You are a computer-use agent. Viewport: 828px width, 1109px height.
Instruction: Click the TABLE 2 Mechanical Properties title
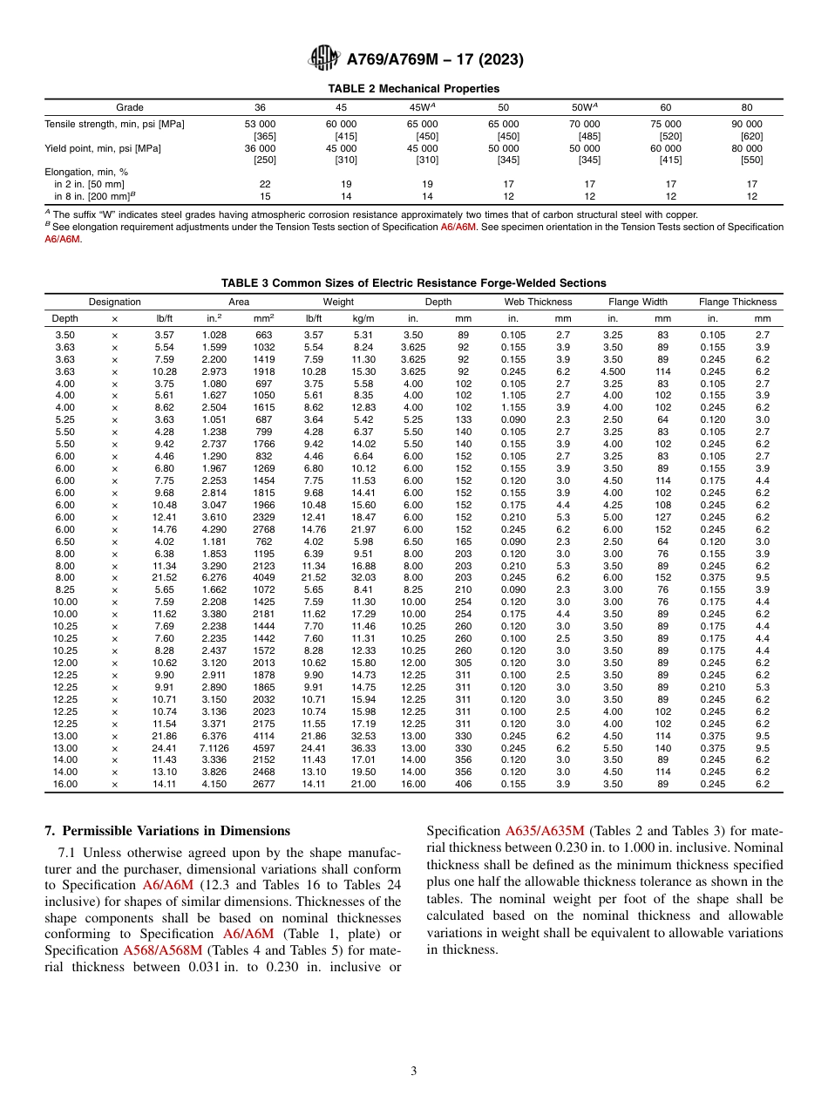pos(413,89)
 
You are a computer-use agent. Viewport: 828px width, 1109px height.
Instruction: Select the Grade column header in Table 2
pos(130,107)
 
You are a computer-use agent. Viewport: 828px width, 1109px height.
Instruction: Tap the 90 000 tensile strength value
pos(746,125)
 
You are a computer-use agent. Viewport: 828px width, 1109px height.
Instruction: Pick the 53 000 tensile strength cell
pos(260,125)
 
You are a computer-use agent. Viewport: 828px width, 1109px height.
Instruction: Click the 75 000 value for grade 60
pos(666,125)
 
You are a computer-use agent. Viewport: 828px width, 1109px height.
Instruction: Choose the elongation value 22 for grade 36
pos(265,184)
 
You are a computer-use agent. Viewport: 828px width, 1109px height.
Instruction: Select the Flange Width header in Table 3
pos(638,302)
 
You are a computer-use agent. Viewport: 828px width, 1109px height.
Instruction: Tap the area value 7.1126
pos(214,748)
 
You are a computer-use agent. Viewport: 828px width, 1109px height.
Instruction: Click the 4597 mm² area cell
pos(263,748)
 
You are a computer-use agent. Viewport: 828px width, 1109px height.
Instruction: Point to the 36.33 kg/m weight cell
pos(363,748)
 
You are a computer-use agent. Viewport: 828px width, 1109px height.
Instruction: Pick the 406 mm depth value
pos(463,784)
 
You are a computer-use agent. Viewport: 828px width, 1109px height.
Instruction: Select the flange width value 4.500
pos(613,371)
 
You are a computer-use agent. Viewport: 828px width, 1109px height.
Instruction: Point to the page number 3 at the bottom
pos(414,1072)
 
